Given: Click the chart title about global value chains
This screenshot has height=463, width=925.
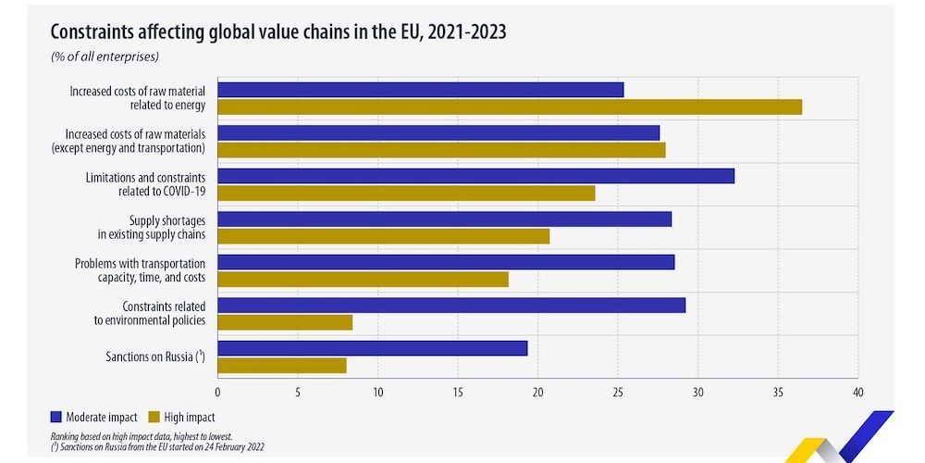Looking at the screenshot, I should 278,32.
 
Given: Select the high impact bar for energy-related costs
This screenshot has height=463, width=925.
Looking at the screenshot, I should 510,106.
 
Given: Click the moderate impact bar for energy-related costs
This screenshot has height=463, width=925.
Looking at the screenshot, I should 421,90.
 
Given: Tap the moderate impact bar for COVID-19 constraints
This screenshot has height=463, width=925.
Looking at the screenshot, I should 476,176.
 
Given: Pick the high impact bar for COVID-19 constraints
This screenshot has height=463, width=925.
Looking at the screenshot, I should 406,193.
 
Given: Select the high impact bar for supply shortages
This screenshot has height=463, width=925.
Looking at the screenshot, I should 384,236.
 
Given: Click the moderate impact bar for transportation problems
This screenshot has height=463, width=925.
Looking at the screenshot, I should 446,262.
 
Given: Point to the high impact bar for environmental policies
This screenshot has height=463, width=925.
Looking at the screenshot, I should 285,322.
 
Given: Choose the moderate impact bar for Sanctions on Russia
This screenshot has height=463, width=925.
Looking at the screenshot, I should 373,348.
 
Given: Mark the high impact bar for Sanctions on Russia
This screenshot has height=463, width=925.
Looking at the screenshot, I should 282,365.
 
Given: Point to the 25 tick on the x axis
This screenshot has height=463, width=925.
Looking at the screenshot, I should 618,393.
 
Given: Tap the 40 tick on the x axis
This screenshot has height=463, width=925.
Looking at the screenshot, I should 857,393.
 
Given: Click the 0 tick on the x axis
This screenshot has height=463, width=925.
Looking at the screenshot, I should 218,393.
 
